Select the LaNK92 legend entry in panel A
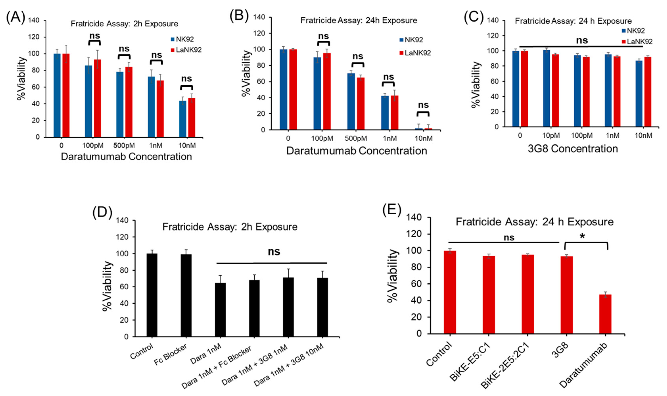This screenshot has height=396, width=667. pyautogui.click(x=186, y=50)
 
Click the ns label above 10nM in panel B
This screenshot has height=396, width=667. pyautogui.click(x=423, y=105)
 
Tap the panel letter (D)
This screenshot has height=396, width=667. pyautogui.click(x=102, y=213)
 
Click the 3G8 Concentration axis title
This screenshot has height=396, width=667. pyautogui.click(x=573, y=149)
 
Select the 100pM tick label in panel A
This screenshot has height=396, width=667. pyautogui.click(x=93, y=145)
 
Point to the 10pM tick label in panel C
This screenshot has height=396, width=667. pyautogui.click(x=551, y=136)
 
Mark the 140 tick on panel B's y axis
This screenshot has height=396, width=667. pyautogui.click(x=259, y=17)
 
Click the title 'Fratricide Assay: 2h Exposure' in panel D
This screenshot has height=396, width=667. pyautogui.click(x=230, y=227)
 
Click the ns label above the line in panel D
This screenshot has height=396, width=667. pyautogui.click(x=274, y=252)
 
